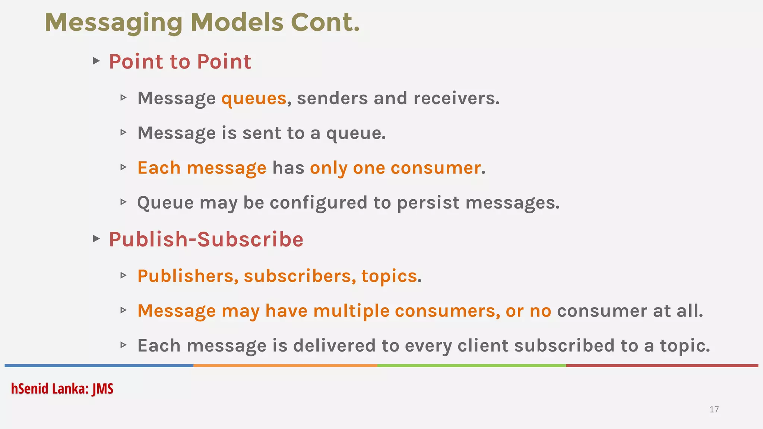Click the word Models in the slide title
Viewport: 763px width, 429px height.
(237, 22)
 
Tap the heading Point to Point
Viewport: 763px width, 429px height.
(180, 61)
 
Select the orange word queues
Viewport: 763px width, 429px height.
(254, 98)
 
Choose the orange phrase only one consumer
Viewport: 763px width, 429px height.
(395, 168)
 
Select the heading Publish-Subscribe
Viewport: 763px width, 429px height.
(206, 239)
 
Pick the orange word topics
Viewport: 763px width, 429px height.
(389, 276)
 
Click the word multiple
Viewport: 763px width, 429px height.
(351, 311)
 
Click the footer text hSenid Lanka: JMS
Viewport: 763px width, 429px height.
(62, 388)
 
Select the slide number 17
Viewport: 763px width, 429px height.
(714, 409)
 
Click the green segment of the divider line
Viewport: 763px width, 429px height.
(471, 366)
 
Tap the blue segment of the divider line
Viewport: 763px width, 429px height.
(99, 366)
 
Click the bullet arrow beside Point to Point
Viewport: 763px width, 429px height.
(96, 60)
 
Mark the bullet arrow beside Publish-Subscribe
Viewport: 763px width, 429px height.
(96, 238)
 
